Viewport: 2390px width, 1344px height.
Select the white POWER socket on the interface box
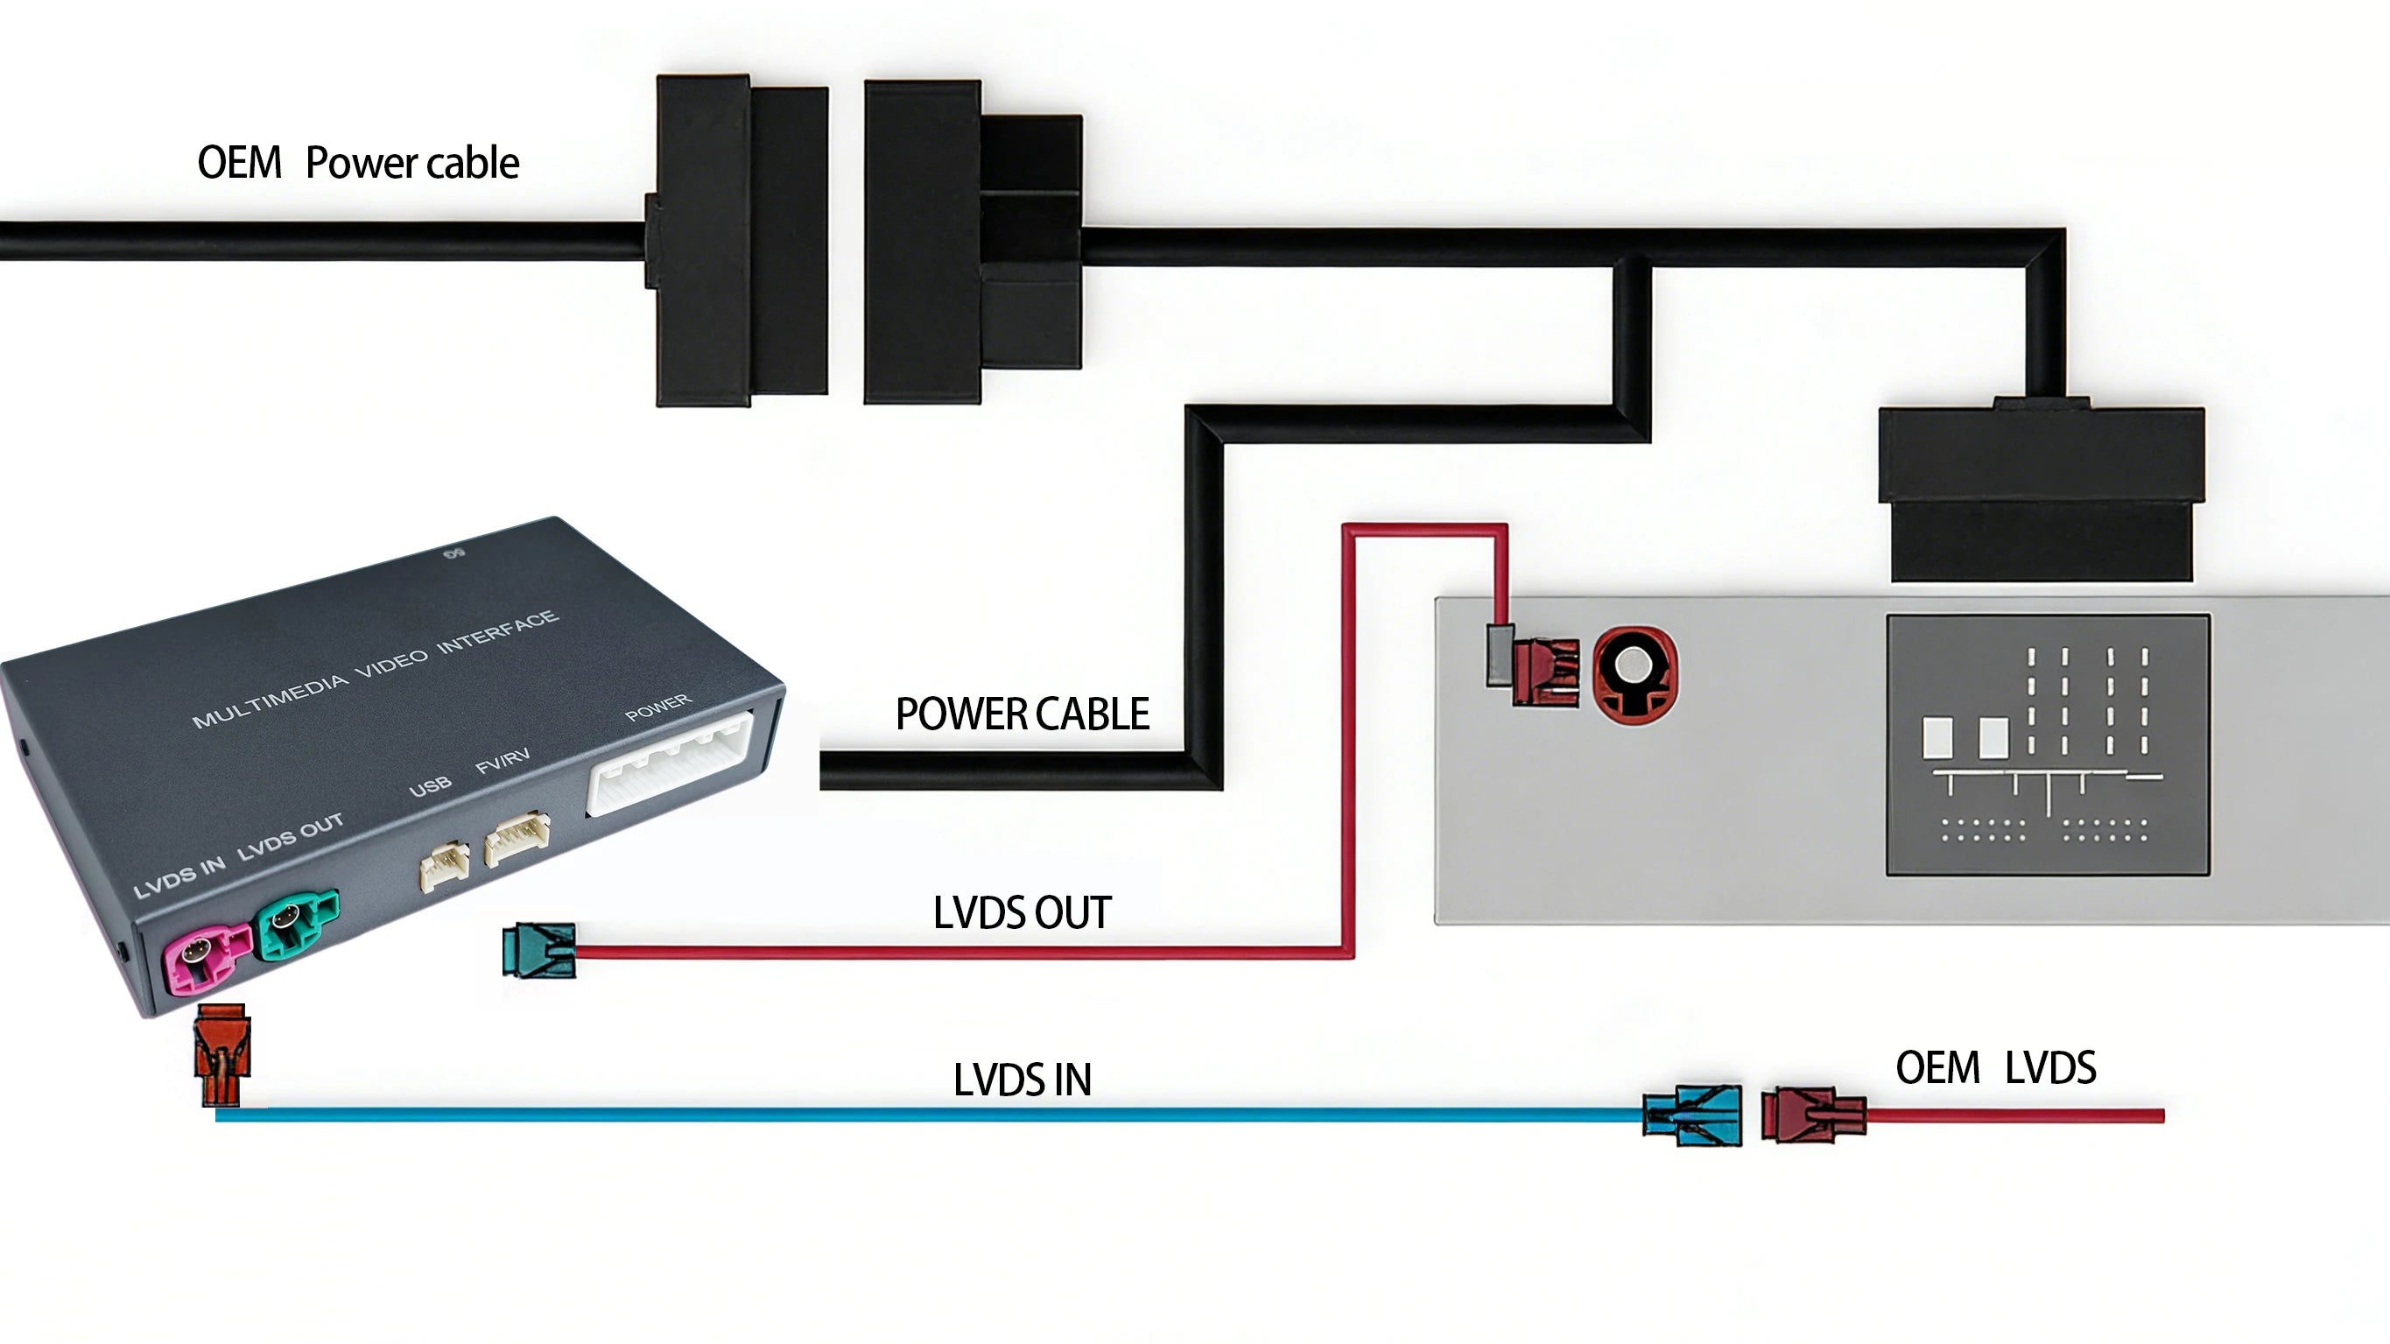pos(670,762)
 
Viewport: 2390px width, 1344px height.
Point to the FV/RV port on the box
pos(517,838)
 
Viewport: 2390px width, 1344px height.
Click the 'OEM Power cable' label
pos(358,163)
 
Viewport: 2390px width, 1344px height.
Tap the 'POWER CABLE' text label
pos(1023,714)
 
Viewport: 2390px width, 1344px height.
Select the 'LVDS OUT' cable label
pos(1023,912)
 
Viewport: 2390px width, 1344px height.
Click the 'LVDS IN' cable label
pos(1023,1080)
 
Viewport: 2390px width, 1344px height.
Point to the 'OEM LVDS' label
pos(1996,1067)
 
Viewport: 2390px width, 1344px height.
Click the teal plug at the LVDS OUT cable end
pos(538,951)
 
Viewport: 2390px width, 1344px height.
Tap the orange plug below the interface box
pos(221,1055)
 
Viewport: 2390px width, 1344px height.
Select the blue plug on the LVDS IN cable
pos(1691,1115)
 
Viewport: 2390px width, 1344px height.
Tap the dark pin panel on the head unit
pos(2049,744)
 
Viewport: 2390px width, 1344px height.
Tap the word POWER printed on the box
pos(657,707)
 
